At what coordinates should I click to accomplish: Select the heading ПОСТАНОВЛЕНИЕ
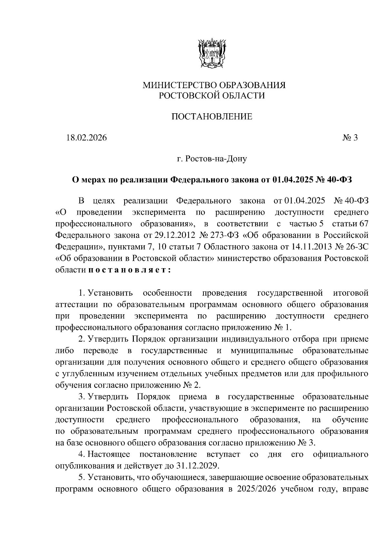(x=212, y=117)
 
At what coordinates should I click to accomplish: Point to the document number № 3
(x=350, y=138)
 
